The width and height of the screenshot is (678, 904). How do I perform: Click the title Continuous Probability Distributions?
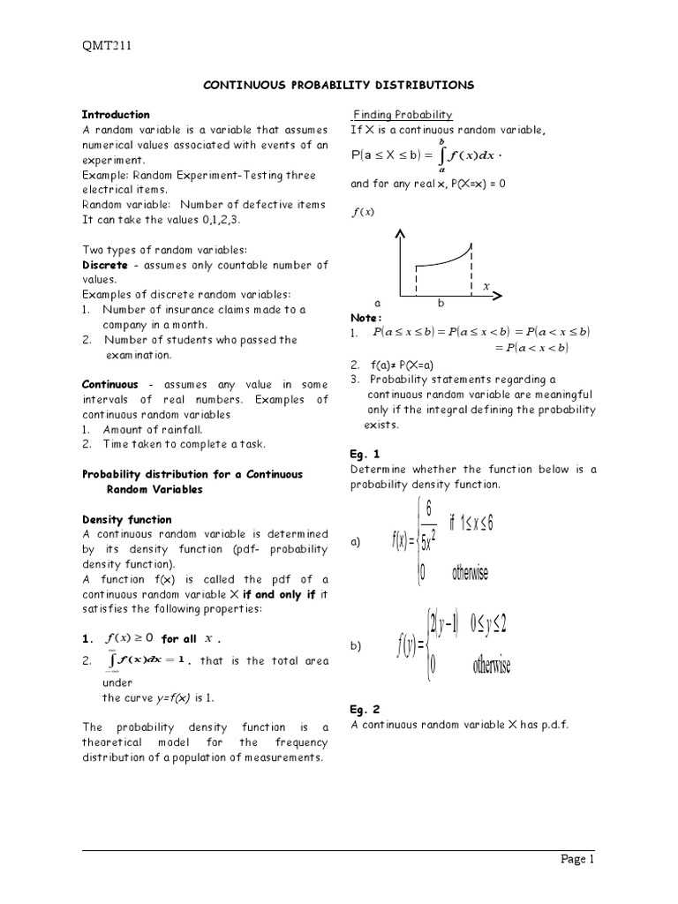pos(339,85)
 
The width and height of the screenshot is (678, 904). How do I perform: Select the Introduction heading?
pos(116,115)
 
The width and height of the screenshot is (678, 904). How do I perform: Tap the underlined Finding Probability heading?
pos(403,115)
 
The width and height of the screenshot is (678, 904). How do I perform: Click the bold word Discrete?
pos(105,265)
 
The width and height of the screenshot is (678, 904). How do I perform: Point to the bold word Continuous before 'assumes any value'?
pos(110,385)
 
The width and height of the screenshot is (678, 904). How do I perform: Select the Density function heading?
pos(126,520)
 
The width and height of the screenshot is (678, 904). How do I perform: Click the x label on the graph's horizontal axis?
pos(486,286)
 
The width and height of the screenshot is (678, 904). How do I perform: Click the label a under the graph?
pos(377,303)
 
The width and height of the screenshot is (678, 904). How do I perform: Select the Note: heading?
pos(365,318)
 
